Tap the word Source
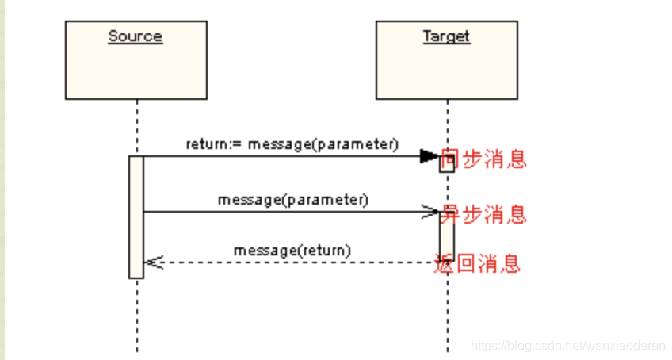[136, 36]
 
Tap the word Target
[446, 36]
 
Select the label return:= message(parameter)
[292, 144]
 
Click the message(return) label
[292, 251]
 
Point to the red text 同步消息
[483, 159]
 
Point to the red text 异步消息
[483, 214]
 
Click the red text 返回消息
[478, 263]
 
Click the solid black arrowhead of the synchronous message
[429, 156]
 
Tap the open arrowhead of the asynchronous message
[430, 212]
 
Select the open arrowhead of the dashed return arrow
[153, 262]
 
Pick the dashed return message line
[293, 262]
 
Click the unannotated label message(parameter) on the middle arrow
[292, 200]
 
